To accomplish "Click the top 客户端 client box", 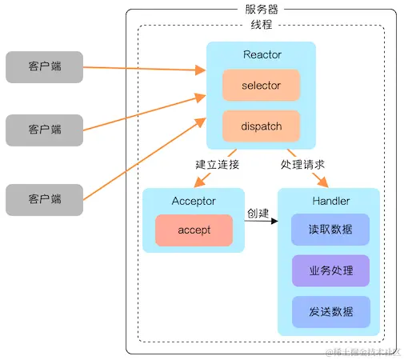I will (44, 67).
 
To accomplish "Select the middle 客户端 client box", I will (44, 130).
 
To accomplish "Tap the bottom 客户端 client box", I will (44, 199).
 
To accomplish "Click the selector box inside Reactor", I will (261, 86).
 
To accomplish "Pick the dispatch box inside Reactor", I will (261, 126).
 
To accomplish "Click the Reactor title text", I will (261, 54).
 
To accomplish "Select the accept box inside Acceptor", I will (194, 230).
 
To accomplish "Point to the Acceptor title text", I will (194, 201).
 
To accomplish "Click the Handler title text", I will (328, 201).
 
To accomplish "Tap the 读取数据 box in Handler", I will (330, 230).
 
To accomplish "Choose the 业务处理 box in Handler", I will (330, 270).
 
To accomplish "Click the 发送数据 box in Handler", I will (330, 311).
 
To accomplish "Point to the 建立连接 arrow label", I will (217, 165).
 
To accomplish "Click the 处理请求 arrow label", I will (303, 165).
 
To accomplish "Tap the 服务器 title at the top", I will (261, 9).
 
